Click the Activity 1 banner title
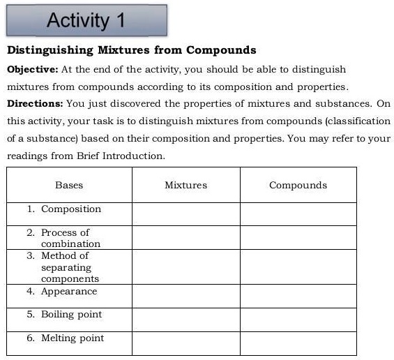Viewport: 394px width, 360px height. click(86, 20)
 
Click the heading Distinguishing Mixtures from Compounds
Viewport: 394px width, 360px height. click(131, 50)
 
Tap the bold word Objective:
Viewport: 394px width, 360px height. click(33, 70)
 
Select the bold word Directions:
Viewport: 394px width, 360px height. click(35, 103)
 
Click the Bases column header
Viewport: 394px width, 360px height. click(69, 185)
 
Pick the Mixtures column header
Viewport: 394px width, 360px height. click(185, 185)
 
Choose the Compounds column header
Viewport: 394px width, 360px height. click(298, 185)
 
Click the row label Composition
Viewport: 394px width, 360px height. click(70, 209)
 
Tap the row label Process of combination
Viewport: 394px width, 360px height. click(70, 238)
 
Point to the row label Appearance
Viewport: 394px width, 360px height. click(69, 292)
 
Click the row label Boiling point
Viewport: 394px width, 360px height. click(71, 315)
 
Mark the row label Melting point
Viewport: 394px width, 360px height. click(72, 338)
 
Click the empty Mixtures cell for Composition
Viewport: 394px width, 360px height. click(185, 213)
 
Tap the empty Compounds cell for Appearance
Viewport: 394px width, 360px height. click(298, 296)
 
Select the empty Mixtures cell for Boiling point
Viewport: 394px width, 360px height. click(185, 319)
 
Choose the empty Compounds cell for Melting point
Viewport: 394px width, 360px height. click(298, 343)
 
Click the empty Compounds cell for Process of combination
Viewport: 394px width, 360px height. click(298, 237)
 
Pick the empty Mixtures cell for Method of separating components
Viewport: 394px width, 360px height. click(185, 267)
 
